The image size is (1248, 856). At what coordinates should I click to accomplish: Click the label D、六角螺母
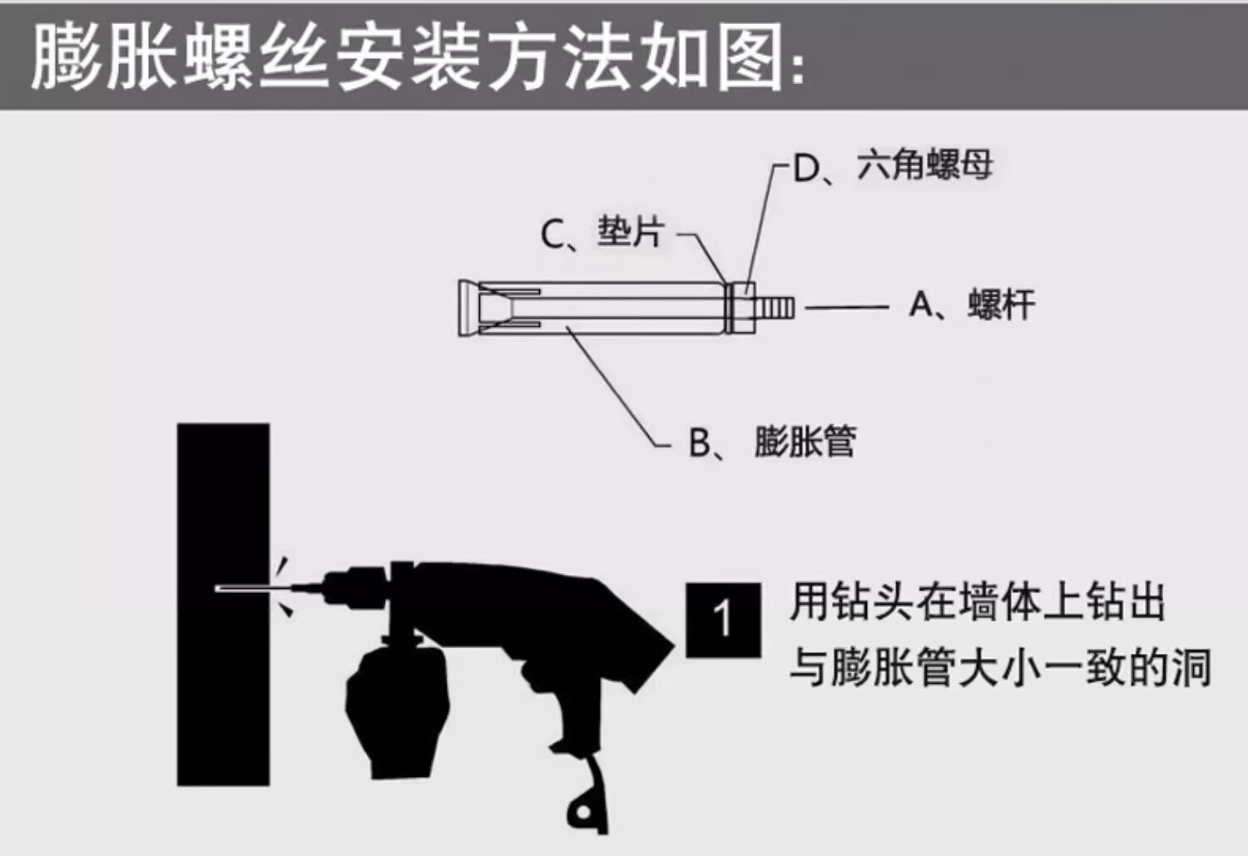pos(893,166)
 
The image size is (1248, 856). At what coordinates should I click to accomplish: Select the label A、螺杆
pos(972,305)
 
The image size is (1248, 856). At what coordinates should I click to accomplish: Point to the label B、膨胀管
pos(772,442)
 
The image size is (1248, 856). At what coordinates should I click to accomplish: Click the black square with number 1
pos(723,620)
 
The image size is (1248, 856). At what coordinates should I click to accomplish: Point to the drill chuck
pos(349,586)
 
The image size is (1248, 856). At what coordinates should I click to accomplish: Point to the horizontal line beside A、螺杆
pos(846,308)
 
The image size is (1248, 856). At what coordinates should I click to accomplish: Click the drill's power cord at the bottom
pos(589,799)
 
